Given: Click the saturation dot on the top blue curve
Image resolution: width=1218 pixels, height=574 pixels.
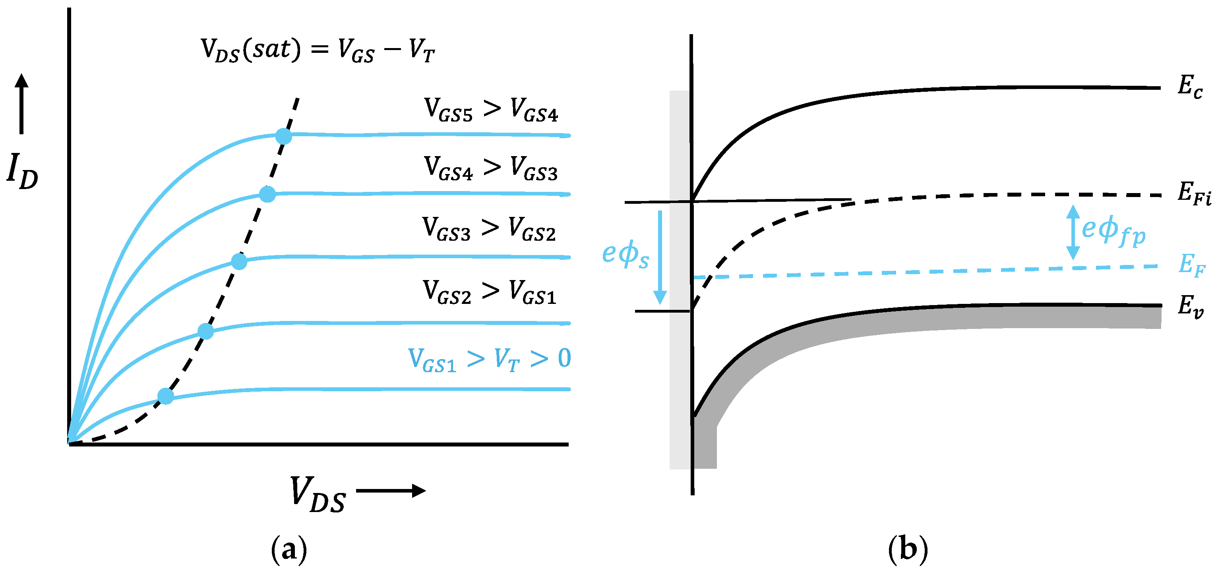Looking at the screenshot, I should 284,136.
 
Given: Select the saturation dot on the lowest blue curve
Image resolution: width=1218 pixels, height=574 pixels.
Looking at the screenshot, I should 165,396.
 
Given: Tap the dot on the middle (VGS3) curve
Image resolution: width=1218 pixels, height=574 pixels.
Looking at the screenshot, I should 239,261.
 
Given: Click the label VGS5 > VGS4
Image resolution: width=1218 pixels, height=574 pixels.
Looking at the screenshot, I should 491,110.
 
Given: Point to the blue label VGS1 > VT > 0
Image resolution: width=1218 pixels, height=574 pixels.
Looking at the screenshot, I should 489,359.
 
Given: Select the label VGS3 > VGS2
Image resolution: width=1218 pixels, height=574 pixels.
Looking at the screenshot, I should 489,229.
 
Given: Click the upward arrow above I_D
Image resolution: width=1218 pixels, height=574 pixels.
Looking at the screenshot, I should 21,104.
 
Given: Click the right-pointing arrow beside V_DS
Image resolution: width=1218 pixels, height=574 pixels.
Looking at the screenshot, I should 391,491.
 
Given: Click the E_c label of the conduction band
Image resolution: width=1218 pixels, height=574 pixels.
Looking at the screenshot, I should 1190,87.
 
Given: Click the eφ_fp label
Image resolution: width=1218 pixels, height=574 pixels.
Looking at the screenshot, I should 1114,232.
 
